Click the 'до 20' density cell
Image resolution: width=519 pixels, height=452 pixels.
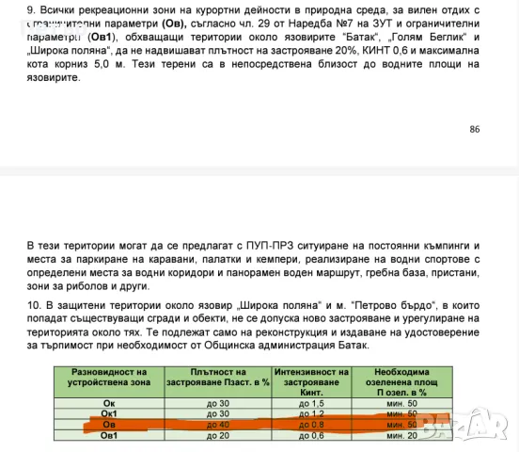(217, 435)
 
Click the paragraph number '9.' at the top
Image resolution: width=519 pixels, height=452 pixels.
(32, 8)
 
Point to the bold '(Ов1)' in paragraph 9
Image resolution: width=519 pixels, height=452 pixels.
(106, 37)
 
